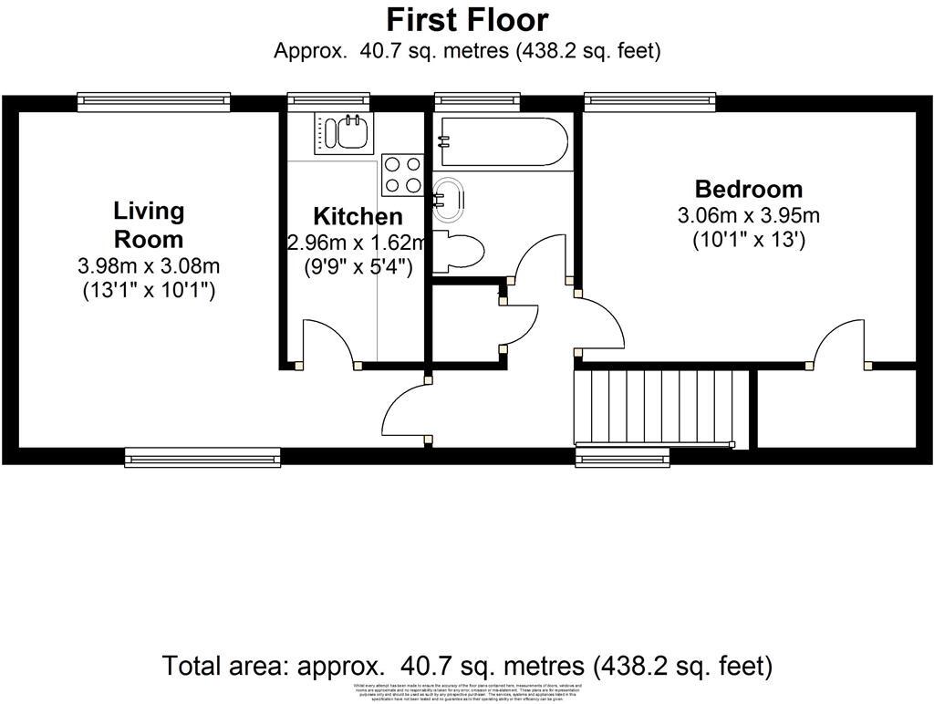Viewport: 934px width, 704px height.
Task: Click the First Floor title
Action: click(x=467, y=19)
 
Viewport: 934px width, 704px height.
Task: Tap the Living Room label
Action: click(x=149, y=225)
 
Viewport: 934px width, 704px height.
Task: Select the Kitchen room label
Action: click(x=358, y=217)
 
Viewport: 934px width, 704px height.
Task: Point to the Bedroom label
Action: click(x=749, y=190)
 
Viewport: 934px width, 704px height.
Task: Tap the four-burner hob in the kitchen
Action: click(x=402, y=174)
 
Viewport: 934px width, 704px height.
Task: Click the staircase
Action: click(x=662, y=408)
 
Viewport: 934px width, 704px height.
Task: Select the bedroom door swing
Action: click(x=840, y=345)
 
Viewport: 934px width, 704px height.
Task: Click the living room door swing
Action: click(x=405, y=415)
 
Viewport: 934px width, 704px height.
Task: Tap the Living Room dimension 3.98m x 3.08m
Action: click(x=149, y=267)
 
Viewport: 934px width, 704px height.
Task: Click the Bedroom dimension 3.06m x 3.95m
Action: click(x=749, y=216)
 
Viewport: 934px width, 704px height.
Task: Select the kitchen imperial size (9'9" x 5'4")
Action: click(x=358, y=268)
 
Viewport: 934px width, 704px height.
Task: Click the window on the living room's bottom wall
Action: click(x=202, y=457)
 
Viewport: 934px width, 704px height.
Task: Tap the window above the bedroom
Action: click(x=649, y=102)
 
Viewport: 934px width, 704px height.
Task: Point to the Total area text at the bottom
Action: click(x=467, y=665)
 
